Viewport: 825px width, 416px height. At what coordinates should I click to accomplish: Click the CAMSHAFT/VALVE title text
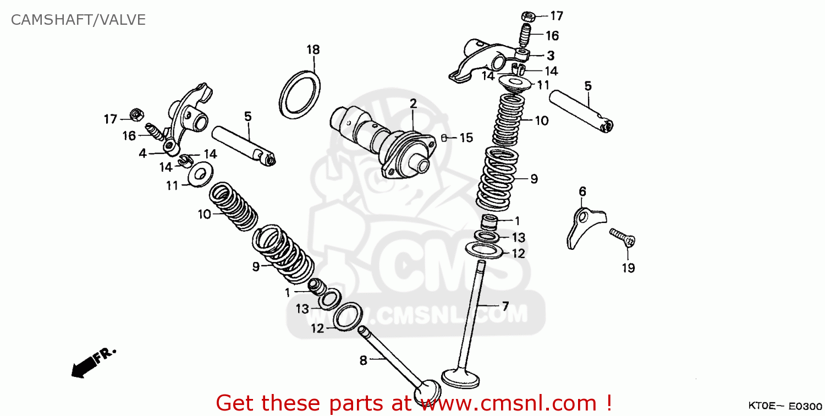pos(78,20)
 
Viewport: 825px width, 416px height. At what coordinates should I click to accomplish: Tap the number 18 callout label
pos(313,50)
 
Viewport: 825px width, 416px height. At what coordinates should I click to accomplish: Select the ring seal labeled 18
pos(300,94)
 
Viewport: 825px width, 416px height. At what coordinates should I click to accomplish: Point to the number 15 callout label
pos(466,138)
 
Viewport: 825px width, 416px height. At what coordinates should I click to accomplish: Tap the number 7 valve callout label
pos(504,306)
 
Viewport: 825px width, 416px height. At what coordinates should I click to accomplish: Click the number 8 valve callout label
pos(363,361)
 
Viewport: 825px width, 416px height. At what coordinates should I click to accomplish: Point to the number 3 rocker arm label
pos(550,56)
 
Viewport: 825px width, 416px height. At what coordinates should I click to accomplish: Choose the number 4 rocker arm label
pos(143,154)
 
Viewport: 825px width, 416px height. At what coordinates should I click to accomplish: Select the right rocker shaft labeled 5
pos(582,110)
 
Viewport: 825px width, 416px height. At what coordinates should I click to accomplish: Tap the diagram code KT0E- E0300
pos(782,406)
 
